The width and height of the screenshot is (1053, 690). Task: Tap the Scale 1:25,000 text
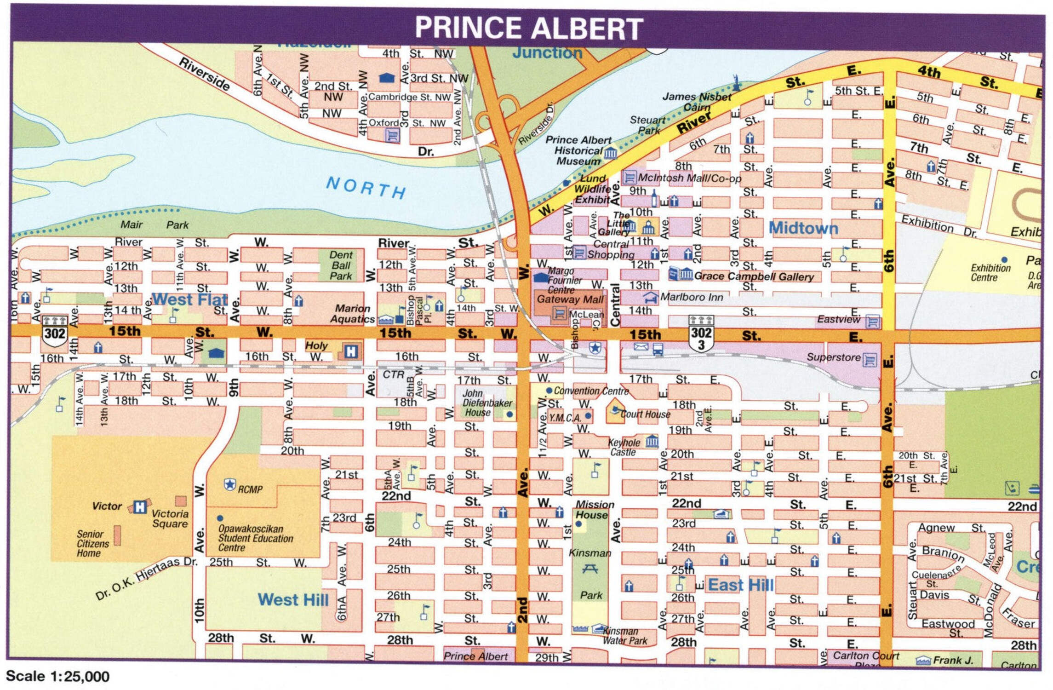point(57,676)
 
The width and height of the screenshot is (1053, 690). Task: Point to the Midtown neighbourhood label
point(803,228)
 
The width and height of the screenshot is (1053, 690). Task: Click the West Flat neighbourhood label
point(189,300)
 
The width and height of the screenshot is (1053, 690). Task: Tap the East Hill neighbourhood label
point(740,585)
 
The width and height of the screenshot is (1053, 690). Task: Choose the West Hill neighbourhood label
point(293,599)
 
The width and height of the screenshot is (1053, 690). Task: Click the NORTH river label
point(366,188)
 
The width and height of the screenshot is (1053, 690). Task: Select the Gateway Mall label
point(570,299)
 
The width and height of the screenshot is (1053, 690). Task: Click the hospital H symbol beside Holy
point(350,352)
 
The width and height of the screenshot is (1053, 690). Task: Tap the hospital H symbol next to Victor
point(140,506)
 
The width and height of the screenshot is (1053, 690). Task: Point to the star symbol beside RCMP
point(229,485)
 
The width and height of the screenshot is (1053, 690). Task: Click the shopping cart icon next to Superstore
point(869,360)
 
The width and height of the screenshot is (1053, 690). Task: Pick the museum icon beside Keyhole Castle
point(652,442)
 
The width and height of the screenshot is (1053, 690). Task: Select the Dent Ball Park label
point(341,265)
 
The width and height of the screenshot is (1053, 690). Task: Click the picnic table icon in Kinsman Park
point(590,569)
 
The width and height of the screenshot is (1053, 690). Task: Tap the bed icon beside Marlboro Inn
point(650,297)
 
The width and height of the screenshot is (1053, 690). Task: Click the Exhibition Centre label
point(990,273)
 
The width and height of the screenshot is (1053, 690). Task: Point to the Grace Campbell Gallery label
point(754,276)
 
